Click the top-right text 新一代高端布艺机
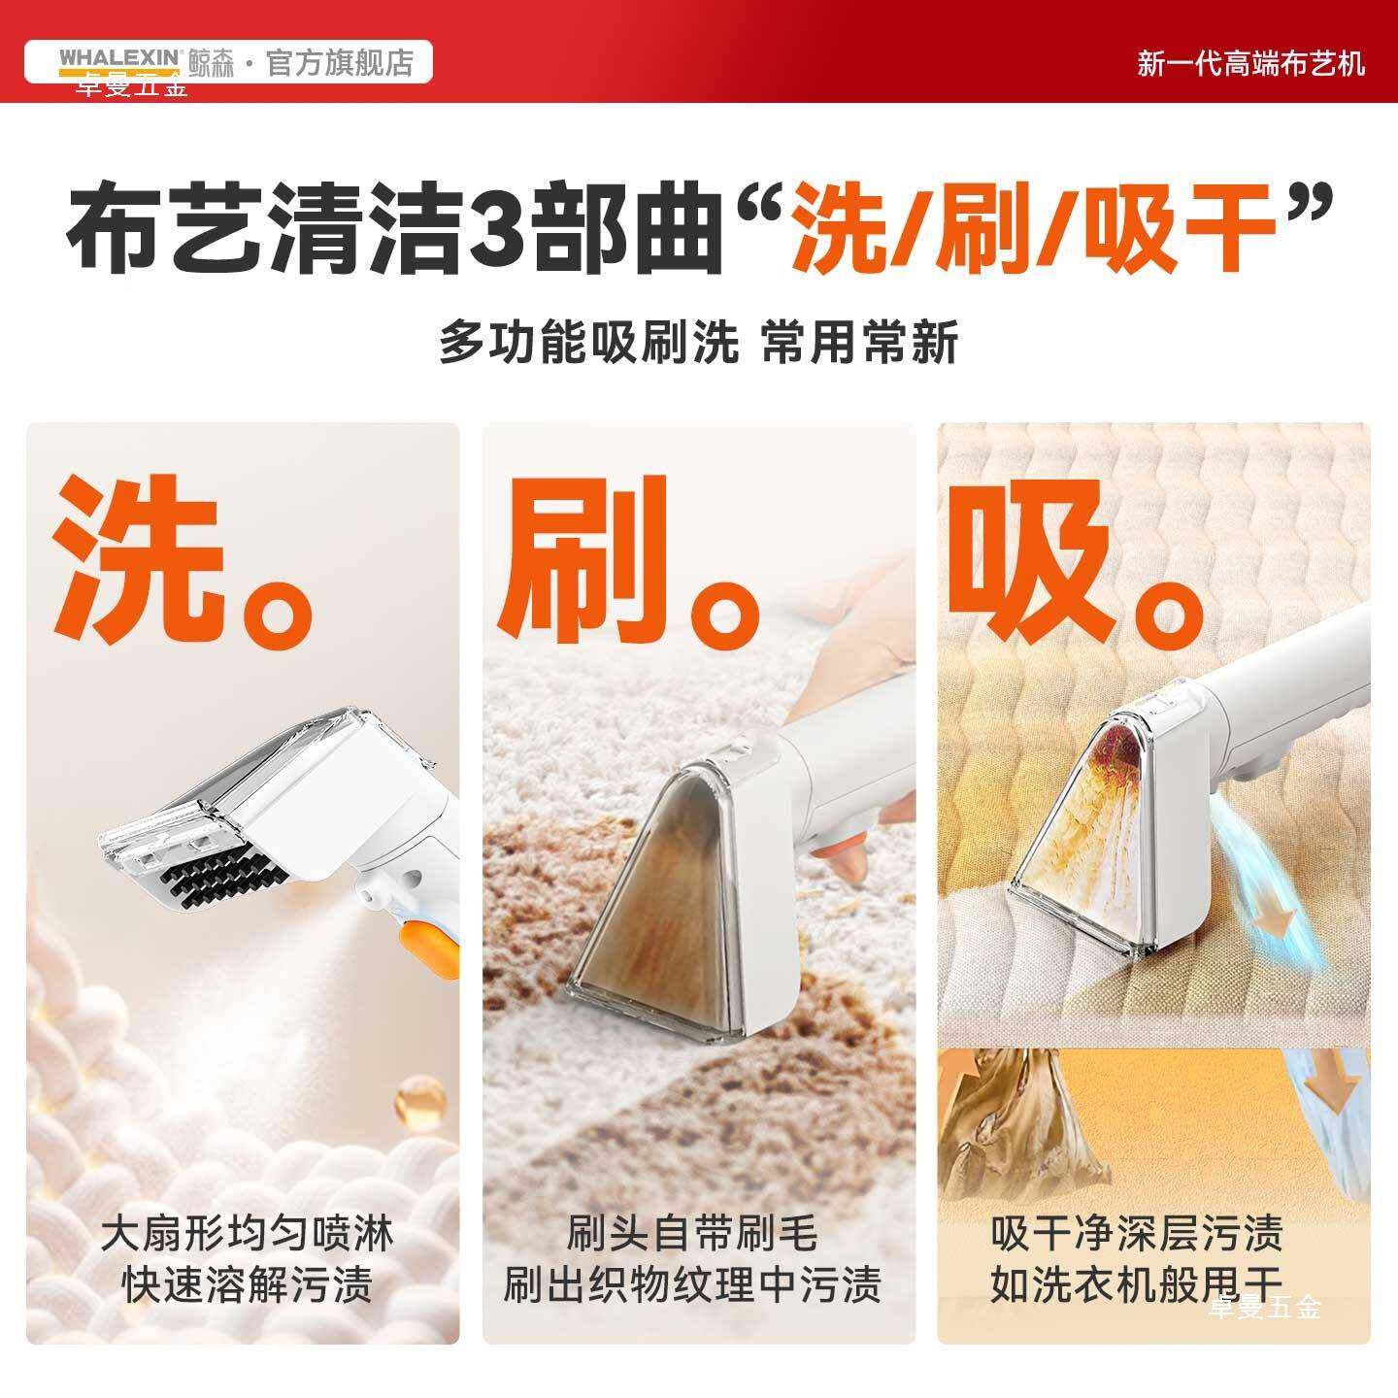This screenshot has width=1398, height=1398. click(x=1250, y=64)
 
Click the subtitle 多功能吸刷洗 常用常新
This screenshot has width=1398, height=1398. click(x=698, y=343)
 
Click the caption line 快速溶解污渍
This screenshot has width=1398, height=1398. click(x=248, y=1286)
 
